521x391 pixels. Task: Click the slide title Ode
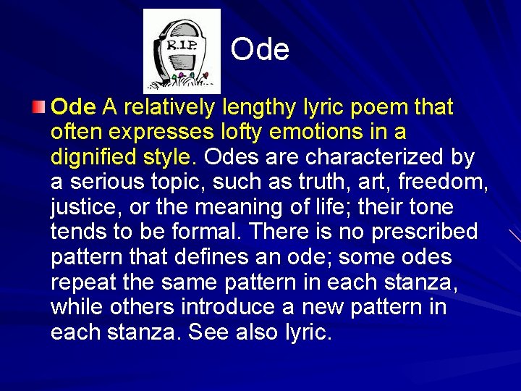(260, 50)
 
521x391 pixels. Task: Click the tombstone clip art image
(182, 51)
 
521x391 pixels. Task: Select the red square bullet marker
(39, 109)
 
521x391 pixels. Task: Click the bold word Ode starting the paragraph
(73, 108)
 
